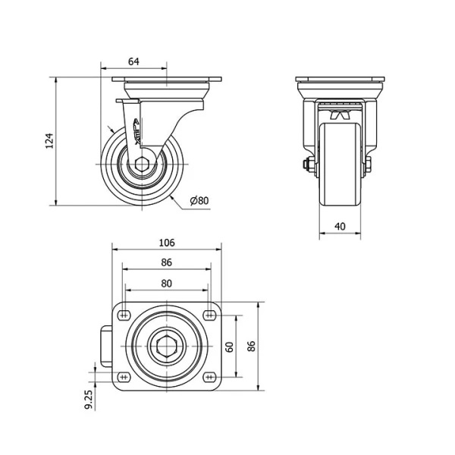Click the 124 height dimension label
click(x=50, y=141)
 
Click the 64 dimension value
click(x=133, y=61)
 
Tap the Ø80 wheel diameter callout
click(x=199, y=200)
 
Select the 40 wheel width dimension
click(x=340, y=226)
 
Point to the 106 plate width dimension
click(x=167, y=243)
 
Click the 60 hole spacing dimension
click(x=230, y=347)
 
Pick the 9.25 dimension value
click(x=89, y=400)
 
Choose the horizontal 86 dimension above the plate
click(x=167, y=262)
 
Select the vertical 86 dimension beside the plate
click(x=251, y=346)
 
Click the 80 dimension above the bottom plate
click(x=167, y=284)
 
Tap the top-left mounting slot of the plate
click(x=124, y=315)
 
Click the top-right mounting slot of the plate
click(x=209, y=315)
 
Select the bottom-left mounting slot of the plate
click(x=124, y=377)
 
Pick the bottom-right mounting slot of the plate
click(x=209, y=377)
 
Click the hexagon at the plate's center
click(x=167, y=346)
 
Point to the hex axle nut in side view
click(x=142, y=165)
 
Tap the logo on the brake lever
click(x=136, y=131)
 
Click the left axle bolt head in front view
click(x=306, y=165)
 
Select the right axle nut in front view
click(x=369, y=164)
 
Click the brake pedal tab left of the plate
click(x=106, y=347)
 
